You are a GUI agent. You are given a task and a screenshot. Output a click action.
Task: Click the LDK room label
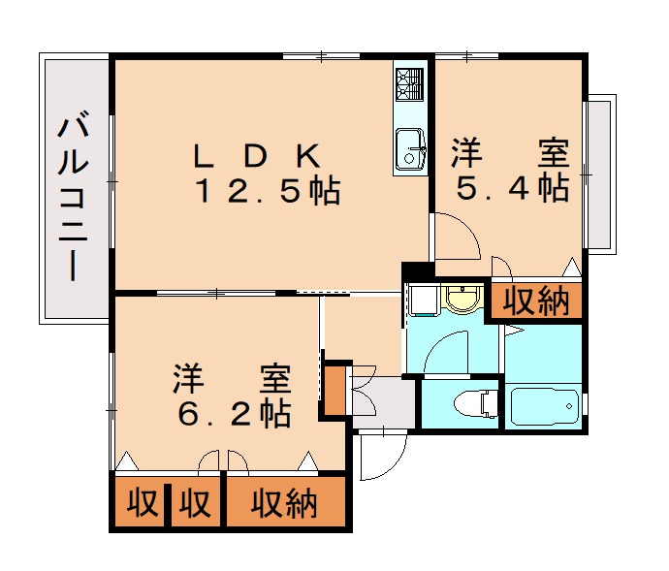tap(257, 155)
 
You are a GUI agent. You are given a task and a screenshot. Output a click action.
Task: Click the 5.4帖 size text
tap(511, 188)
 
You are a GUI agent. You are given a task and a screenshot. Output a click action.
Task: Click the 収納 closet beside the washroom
tap(535, 301)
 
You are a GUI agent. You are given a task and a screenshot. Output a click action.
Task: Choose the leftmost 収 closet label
tap(142, 503)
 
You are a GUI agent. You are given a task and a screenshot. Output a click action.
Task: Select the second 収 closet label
tap(195, 503)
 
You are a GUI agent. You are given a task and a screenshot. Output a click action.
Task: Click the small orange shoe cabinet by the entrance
tap(334, 389)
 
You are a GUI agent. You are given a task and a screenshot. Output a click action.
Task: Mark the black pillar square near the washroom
tap(415, 271)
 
